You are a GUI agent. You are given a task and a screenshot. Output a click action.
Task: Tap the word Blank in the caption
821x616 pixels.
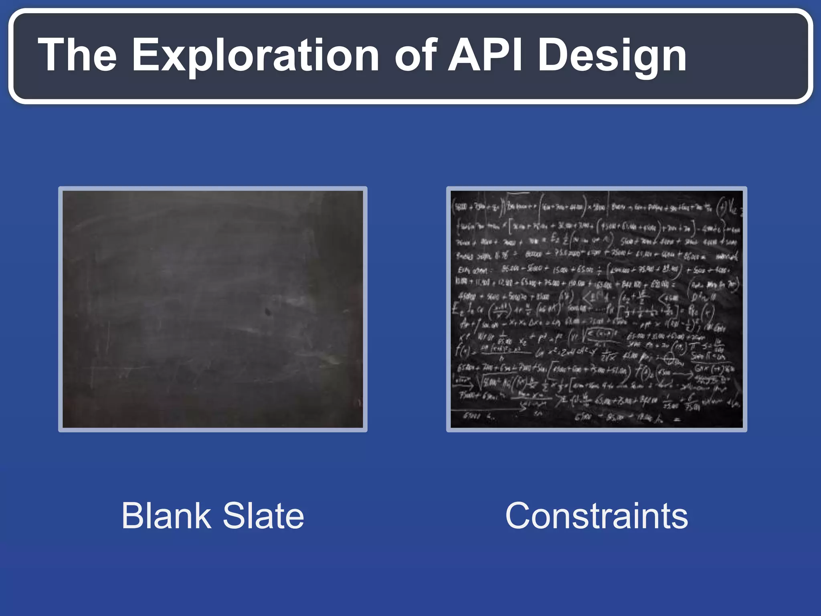(166, 516)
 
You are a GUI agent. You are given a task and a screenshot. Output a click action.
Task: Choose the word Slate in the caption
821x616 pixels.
(263, 516)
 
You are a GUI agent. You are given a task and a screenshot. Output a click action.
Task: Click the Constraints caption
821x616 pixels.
(597, 516)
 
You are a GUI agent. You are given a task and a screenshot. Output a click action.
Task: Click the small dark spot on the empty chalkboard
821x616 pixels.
(268, 311)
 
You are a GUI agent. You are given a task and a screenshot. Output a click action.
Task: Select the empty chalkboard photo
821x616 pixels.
(212, 309)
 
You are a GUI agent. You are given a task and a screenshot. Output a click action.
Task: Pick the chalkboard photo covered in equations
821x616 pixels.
(597, 309)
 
